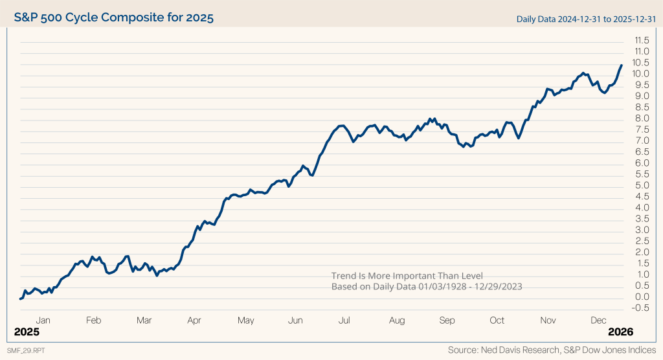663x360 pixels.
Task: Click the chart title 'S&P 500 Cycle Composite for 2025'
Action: click(x=114, y=16)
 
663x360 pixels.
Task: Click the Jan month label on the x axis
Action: click(x=43, y=321)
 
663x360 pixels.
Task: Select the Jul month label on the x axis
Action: click(x=344, y=321)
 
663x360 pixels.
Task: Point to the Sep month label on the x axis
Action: click(x=447, y=321)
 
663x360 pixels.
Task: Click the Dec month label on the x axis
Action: click(x=598, y=321)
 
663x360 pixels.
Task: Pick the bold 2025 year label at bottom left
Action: click(x=27, y=332)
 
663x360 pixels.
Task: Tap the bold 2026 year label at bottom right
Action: click(x=620, y=332)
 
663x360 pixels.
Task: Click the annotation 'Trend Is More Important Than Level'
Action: click(x=407, y=275)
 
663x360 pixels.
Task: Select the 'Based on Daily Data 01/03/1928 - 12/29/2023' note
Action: click(x=427, y=286)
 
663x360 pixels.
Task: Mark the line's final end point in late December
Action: click(x=622, y=65)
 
